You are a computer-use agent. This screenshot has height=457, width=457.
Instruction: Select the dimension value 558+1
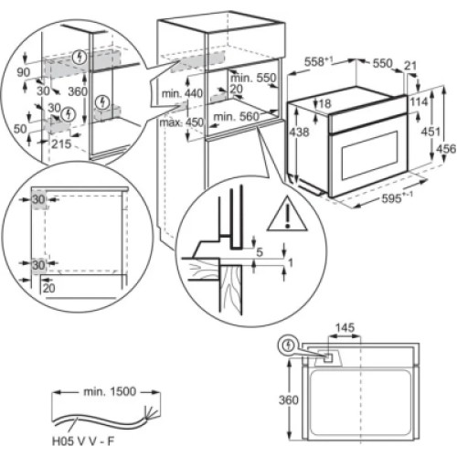pyautogui.click(x=318, y=63)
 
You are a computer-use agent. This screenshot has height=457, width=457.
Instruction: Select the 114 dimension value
pyautogui.click(x=420, y=102)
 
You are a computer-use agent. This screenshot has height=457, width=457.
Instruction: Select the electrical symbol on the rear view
pyautogui.click(x=291, y=346)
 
